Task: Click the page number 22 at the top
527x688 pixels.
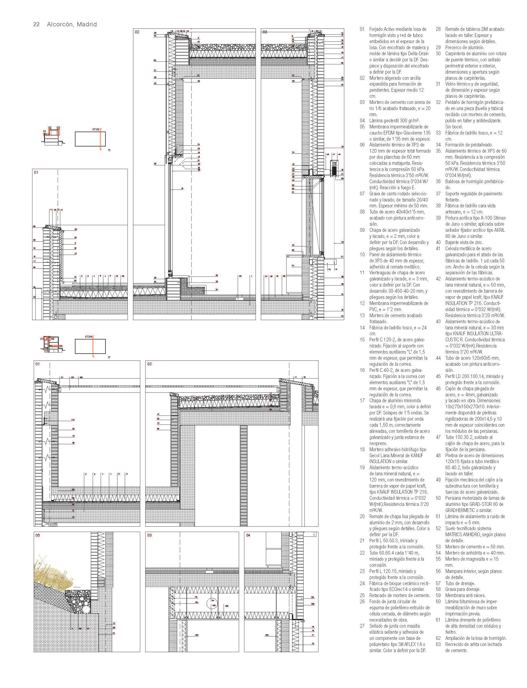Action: [36, 24]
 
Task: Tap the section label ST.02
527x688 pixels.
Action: [96, 129]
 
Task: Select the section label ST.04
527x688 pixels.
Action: [89, 337]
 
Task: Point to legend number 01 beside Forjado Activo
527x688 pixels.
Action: [362, 29]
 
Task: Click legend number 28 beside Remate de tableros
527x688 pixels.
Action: [438, 29]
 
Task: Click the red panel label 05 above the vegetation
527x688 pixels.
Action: [38, 535]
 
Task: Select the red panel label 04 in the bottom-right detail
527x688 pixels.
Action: [248, 535]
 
